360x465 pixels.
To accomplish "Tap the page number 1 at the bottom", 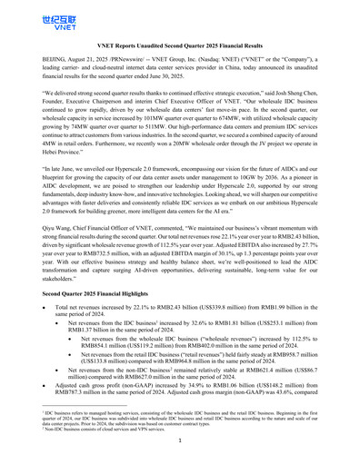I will [180, 453].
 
